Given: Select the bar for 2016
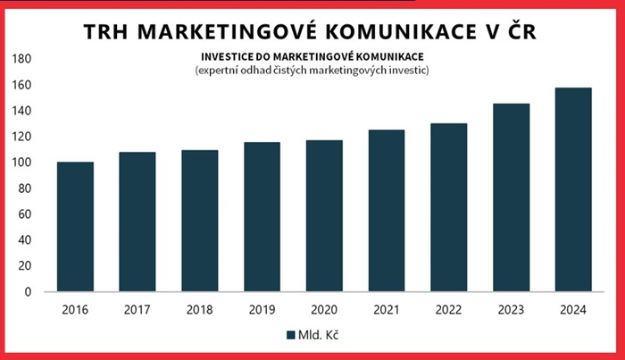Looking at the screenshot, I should pyautogui.click(x=75, y=227).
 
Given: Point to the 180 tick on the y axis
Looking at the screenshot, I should pyautogui.click(x=22, y=59).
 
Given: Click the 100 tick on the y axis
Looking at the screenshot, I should pyautogui.click(x=22, y=163).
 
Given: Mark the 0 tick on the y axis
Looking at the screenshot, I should pyautogui.click(x=29, y=292).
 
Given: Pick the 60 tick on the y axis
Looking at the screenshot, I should pyautogui.click(x=25, y=214).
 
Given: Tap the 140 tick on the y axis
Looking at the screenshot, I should pyautogui.click(x=22, y=111).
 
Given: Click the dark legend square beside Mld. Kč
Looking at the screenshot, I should pyautogui.click(x=290, y=335).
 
